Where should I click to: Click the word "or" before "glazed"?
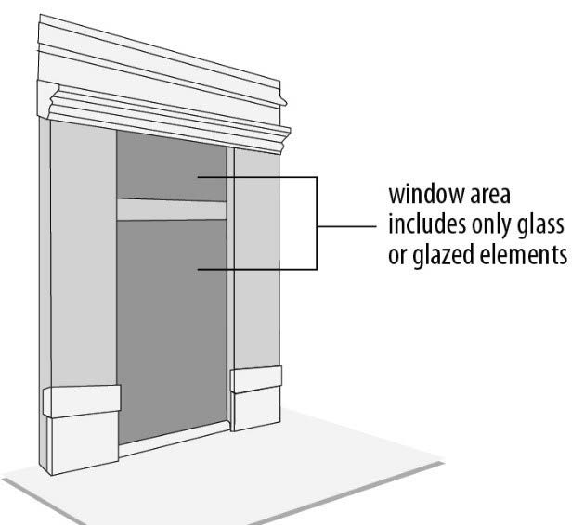tap(397, 254)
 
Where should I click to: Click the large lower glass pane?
tap(172, 325)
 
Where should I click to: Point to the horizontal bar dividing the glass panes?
tap(172, 209)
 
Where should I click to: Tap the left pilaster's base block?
tap(83, 402)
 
